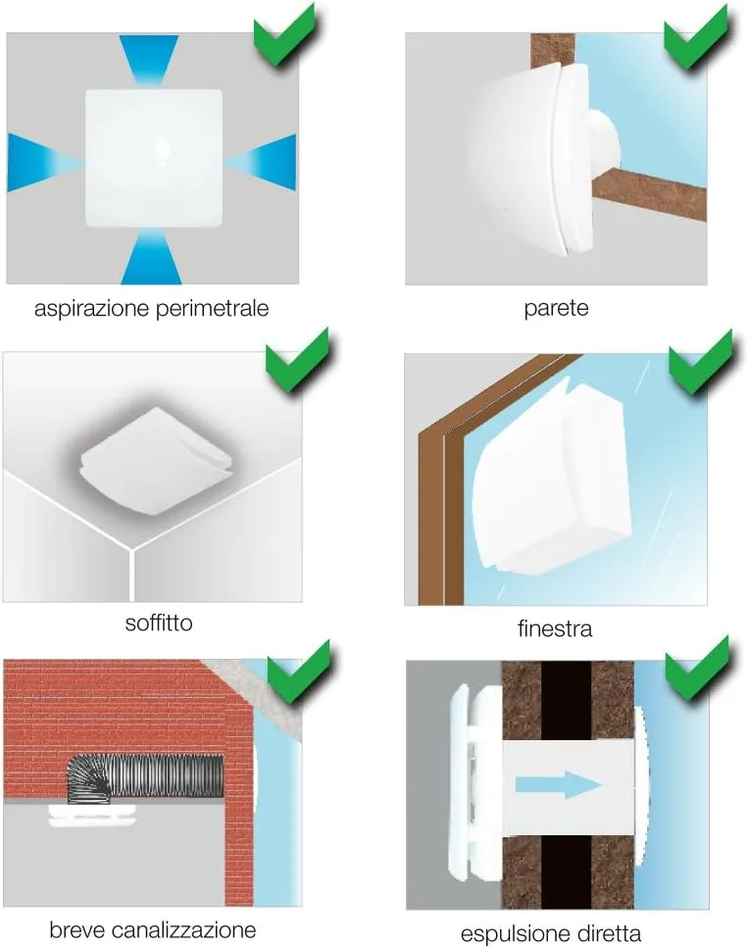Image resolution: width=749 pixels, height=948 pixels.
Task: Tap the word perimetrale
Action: tap(212, 308)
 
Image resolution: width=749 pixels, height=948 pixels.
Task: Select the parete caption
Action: tap(556, 309)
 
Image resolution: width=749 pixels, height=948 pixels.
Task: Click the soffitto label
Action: tap(159, 623)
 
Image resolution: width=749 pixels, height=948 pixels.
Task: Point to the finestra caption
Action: tap(555, 628)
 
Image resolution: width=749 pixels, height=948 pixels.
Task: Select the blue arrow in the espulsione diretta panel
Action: tap(558, 784)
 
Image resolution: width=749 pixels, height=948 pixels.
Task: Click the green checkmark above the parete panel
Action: tap(695, 35)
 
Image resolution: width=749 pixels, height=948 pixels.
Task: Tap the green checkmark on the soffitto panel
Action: tap(297, 359)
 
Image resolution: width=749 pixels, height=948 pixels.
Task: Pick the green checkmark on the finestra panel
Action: tap(700, 362)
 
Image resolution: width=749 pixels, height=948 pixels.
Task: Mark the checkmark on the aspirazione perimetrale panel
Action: tap(284, 33)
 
